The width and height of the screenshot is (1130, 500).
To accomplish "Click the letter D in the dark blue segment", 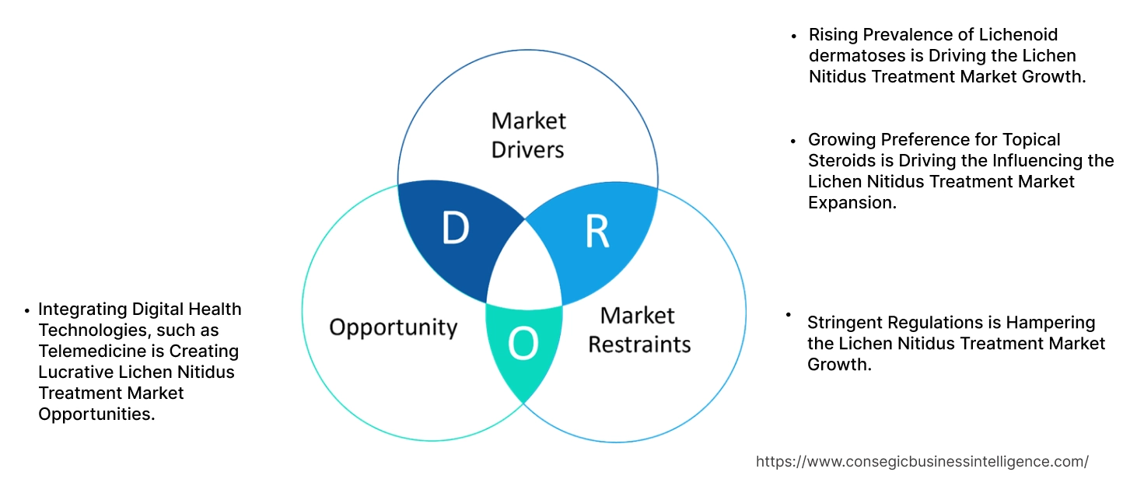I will coord(455,227).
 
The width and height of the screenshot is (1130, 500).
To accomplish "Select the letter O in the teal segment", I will coord(523,344).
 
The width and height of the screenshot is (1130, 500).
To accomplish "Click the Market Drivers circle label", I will coord(528,135).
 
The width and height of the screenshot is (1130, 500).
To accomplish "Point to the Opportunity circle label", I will coord(393,327).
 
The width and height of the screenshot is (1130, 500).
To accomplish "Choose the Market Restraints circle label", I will coord(638,329).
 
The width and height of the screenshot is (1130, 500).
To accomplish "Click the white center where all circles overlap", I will coord(525,268).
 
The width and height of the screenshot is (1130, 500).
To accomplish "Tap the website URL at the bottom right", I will coord(922,461).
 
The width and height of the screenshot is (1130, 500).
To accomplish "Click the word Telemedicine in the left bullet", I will coord(86,351).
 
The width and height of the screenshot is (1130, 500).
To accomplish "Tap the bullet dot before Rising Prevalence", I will coord(793,36).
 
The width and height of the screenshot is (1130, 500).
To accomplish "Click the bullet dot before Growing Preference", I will coord(793,141).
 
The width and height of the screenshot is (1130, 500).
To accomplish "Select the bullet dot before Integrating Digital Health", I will coord(26,310).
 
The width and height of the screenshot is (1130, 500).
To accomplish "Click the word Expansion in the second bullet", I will coord(851,202).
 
